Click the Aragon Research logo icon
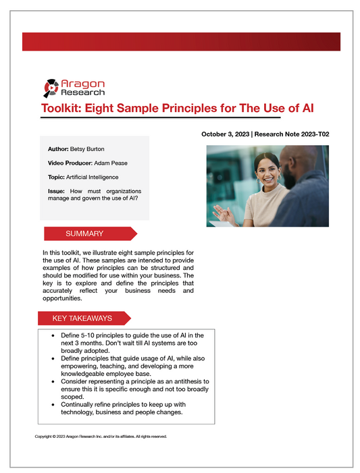(51, 87)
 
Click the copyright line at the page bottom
(101, 437)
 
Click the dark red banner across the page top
(180, 41)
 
